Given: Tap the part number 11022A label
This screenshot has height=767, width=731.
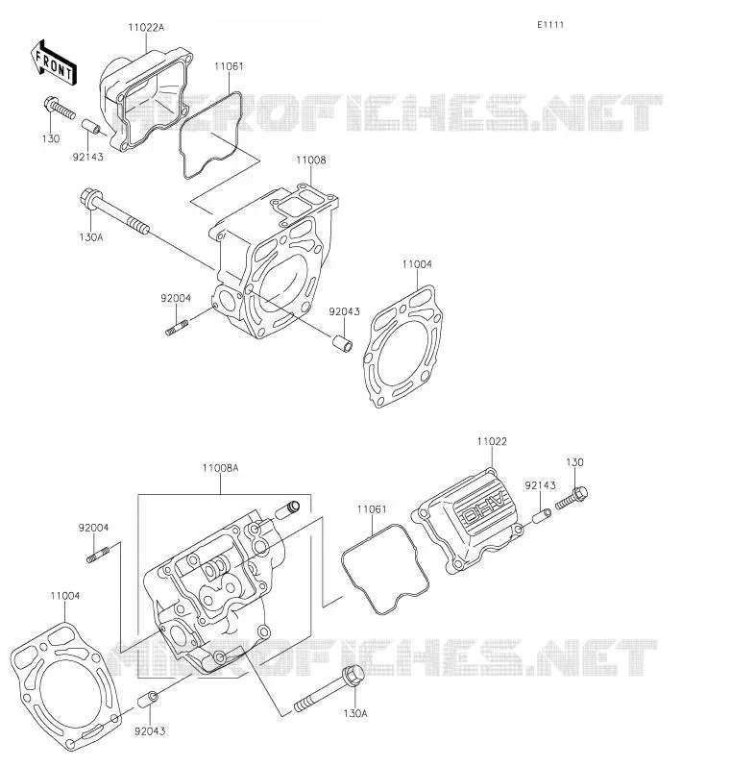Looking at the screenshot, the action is point(146,27).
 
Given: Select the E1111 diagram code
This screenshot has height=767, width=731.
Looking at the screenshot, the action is point(550,24).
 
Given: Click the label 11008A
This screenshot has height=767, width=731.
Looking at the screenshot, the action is point(220,468).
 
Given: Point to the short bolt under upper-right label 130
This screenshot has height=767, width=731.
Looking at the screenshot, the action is point(572,498).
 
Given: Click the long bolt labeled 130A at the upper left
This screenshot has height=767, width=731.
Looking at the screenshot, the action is point(114,212).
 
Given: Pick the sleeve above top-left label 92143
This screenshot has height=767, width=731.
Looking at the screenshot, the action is point(90,127).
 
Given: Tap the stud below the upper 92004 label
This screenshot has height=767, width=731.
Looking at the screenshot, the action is point(177,327).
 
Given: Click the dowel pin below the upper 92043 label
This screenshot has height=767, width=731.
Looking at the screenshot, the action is point(342,342).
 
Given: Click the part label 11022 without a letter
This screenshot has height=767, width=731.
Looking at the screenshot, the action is point(492,441).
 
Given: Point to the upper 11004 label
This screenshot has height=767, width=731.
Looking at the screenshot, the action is point(417,264).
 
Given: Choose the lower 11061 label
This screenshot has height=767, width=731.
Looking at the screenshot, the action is point(372,509).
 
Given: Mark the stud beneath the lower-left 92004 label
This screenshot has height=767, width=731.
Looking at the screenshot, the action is point(98,555).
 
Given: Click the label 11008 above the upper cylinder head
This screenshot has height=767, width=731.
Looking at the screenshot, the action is point(311,160).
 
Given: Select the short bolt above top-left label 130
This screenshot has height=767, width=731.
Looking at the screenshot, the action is point(60,108).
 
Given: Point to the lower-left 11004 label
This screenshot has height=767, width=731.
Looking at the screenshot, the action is point(65,596).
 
